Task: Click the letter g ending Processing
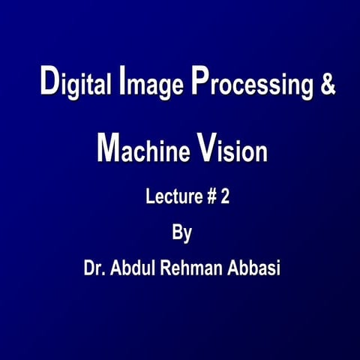click(x=305, y=88)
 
